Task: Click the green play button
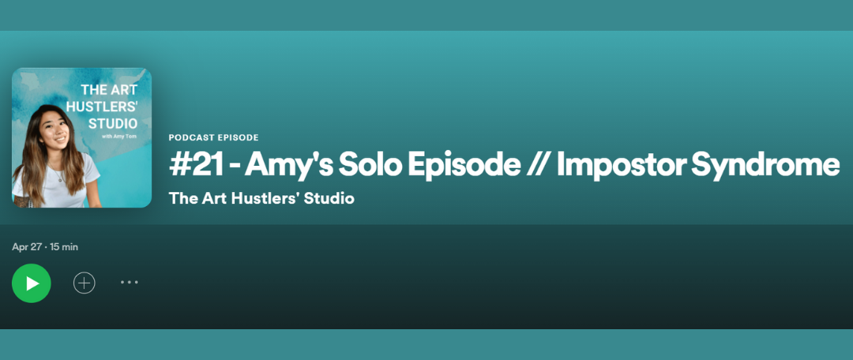32,283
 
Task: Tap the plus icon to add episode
85,283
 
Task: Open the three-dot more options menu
130,282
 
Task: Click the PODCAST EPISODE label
214,137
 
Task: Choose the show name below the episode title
261,198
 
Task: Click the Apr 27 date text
27,247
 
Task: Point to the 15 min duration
64,247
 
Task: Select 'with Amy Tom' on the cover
119,137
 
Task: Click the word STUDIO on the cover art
113,123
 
